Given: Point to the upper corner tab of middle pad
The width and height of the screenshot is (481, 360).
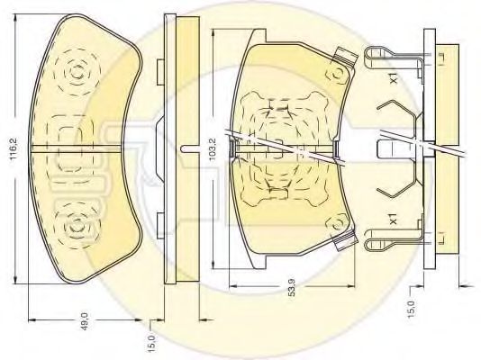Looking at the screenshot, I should (341, 54).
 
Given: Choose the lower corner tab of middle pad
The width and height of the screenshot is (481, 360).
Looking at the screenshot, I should (343, 244).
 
